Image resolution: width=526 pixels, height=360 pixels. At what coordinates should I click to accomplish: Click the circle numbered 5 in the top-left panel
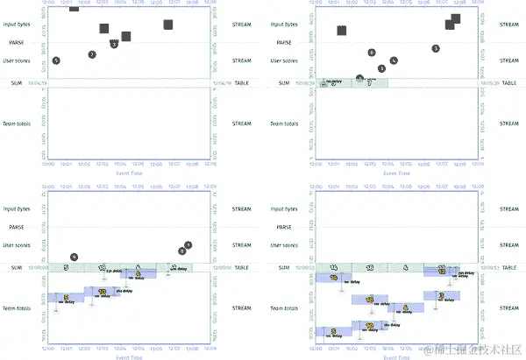point(56,60)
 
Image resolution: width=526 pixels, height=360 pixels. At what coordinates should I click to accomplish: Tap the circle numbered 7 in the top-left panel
point(92,54)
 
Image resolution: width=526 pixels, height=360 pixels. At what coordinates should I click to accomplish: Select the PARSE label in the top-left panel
point(17,42)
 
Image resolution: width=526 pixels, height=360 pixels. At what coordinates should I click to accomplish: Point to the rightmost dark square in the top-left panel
point(167,25)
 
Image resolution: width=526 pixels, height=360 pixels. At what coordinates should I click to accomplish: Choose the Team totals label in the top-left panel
point(17,124)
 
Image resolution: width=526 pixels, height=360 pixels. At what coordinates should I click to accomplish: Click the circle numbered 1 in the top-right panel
point(436,48)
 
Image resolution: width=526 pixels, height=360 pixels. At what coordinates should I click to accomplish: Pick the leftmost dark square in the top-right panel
point(341,31)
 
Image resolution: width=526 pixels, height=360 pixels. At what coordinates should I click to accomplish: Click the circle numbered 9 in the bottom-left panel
point(75,257)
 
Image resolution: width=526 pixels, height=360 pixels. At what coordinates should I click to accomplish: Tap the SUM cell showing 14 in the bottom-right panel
point(334,267)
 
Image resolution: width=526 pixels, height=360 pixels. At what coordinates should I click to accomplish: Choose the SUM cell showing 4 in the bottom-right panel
point(405,267)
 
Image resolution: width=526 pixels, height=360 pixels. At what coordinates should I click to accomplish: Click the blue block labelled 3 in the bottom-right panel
point(405,307)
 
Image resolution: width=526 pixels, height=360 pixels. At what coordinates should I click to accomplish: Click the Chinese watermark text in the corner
point(474,351)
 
